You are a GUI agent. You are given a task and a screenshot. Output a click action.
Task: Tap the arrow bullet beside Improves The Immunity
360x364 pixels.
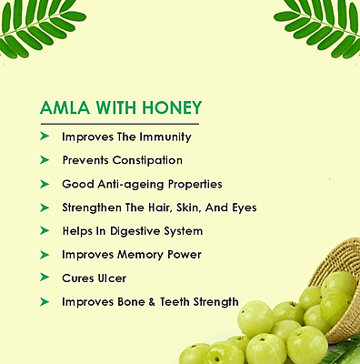pyautogui.click(x=45, y=136)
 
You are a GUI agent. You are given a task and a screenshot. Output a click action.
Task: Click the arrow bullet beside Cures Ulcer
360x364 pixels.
pyautogui.click(x=45, y=278)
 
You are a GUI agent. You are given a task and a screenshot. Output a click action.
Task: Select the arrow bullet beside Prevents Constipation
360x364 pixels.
pyautogui.click(x=45, y=160)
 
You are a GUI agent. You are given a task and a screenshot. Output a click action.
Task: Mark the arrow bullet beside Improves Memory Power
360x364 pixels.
pyautogui.click(x=45, y=255)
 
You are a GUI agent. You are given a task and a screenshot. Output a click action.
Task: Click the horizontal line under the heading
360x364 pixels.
pyautogui.click(x=118, y=122)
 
